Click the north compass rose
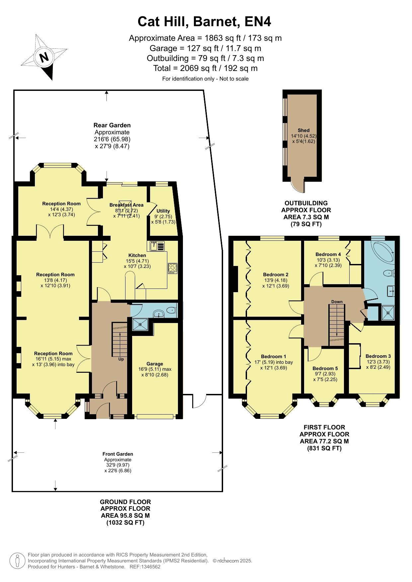tap(43, 57)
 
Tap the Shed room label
tap(303, 130)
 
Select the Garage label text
tap(155, 364)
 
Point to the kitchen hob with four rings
tap(173, 268)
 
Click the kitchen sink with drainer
tap(157, 246)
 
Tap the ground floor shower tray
tap(140, 324)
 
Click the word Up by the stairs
tap(121, 359)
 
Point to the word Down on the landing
tap(337, 302)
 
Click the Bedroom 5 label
tap(325, 368)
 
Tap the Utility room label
tap(163, 211)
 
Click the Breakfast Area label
tap(126, 205)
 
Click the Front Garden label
tap(118, 454)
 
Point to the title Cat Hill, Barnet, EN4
tap(205, 22)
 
